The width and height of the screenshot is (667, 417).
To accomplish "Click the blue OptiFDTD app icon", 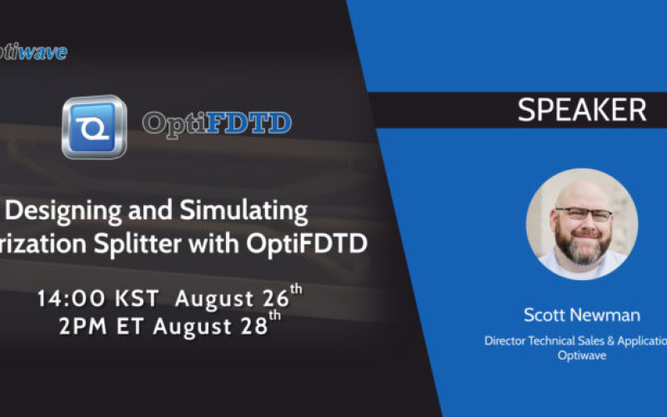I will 93,127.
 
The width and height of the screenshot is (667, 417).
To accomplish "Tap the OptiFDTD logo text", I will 217,124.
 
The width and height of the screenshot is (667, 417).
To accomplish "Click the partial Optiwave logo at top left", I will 33,52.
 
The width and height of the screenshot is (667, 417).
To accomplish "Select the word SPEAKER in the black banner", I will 581,110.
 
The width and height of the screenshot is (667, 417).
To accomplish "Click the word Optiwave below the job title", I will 581,354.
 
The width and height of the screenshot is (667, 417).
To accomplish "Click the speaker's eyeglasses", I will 583,214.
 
